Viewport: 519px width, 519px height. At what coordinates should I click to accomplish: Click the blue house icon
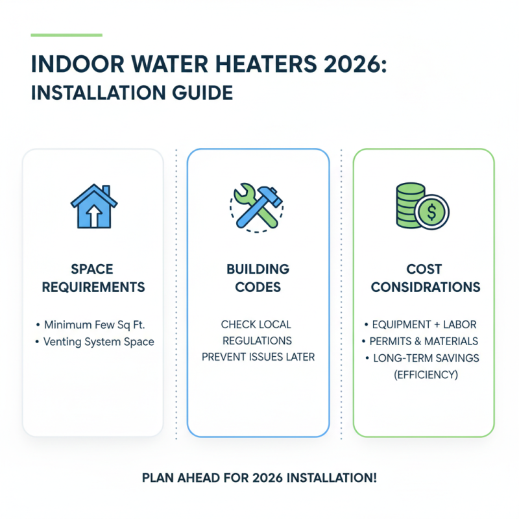click(x=93, y=206)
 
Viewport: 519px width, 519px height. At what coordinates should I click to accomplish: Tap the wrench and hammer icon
click(x=258, y=206)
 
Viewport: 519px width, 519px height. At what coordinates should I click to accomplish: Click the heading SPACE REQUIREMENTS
click(x=93, y=278)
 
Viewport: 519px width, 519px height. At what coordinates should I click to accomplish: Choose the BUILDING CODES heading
click(x=258, y=278)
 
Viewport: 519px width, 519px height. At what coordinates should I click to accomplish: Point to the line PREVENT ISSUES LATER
click(x=258, y=357)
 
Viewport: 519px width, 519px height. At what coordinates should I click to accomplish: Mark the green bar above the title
click(x=66, y=34)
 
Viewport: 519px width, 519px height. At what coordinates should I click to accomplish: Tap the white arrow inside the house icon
click(x=93, y=215)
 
